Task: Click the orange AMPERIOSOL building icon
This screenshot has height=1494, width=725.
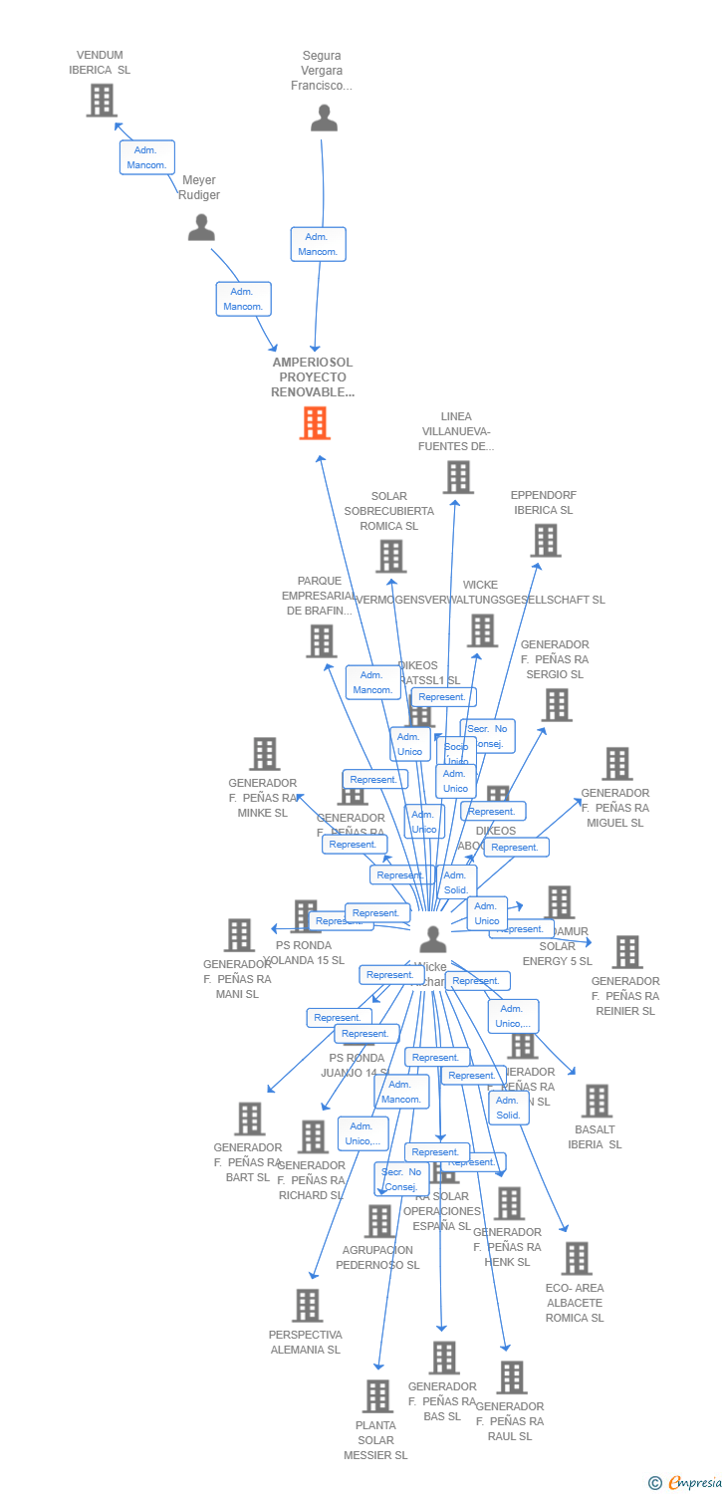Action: [x=315, y=423]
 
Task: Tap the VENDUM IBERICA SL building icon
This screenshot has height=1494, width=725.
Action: [x=101, y=100]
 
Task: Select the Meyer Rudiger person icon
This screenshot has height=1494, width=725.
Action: [x=201, y=228]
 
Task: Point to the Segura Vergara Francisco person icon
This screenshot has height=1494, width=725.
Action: [x=324, y=119]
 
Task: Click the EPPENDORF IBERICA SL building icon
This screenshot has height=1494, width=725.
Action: [x=545, y=541]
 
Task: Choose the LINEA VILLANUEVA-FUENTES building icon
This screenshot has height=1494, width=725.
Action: [x=458, y=477]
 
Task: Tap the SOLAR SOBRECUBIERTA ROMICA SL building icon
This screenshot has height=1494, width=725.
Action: [x=391, y=557]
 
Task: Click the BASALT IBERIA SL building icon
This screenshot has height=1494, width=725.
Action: [x=597, y=1101]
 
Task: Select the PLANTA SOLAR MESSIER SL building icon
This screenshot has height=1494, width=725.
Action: [x=377, y=1396]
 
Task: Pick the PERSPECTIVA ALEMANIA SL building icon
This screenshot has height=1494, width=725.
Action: [x=308, y=1306]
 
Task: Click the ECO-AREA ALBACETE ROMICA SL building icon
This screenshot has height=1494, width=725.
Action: [x=576, y=1259]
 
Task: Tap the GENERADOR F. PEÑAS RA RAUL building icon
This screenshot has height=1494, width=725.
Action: [x=512, y=1377]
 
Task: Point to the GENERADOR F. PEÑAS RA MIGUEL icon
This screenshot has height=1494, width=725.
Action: [x=617, y=764]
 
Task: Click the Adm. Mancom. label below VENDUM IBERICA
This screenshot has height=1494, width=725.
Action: [x=147, y=157]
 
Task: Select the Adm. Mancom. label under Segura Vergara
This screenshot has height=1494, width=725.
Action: [x=319, y=244]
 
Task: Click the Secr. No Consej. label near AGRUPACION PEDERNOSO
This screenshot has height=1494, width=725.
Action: [x=401, y=1179]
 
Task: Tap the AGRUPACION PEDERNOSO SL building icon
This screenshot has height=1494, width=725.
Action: [x=379, y=1221]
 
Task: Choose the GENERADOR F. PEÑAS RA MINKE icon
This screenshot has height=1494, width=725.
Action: [x=264, y=754]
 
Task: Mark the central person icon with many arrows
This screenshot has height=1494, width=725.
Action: [x=432, y=939]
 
